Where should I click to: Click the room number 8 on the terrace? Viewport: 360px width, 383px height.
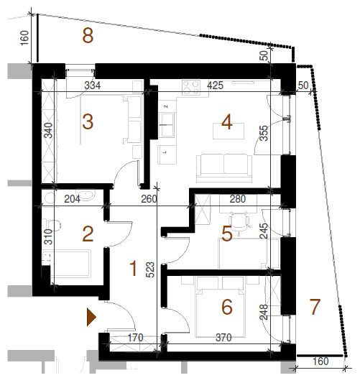[88, 36]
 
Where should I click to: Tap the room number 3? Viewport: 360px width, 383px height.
[88, 121]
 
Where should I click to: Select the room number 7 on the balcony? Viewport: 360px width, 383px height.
[315, 307]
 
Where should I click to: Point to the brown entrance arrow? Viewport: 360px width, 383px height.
[91, 317]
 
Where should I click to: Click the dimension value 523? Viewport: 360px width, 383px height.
[150, 269]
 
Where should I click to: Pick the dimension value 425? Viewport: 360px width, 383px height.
[215, 86]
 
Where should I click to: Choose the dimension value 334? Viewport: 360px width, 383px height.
[92, 86]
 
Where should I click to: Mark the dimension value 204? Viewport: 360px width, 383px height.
[73, 199]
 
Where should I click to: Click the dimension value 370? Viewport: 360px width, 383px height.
[223, 338]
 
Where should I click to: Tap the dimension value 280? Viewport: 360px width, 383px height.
[237, 199]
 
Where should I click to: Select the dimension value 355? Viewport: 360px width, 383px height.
[264, 133]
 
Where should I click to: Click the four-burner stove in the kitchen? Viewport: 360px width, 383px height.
[191, 88]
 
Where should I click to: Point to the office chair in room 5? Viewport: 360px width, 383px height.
[239, 222]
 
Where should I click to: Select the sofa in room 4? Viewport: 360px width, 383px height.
[224, 168]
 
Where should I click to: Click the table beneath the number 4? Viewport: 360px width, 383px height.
[229, 131]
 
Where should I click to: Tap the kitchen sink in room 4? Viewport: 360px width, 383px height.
[167, 124]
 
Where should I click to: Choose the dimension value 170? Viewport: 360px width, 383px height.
[136, 338]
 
